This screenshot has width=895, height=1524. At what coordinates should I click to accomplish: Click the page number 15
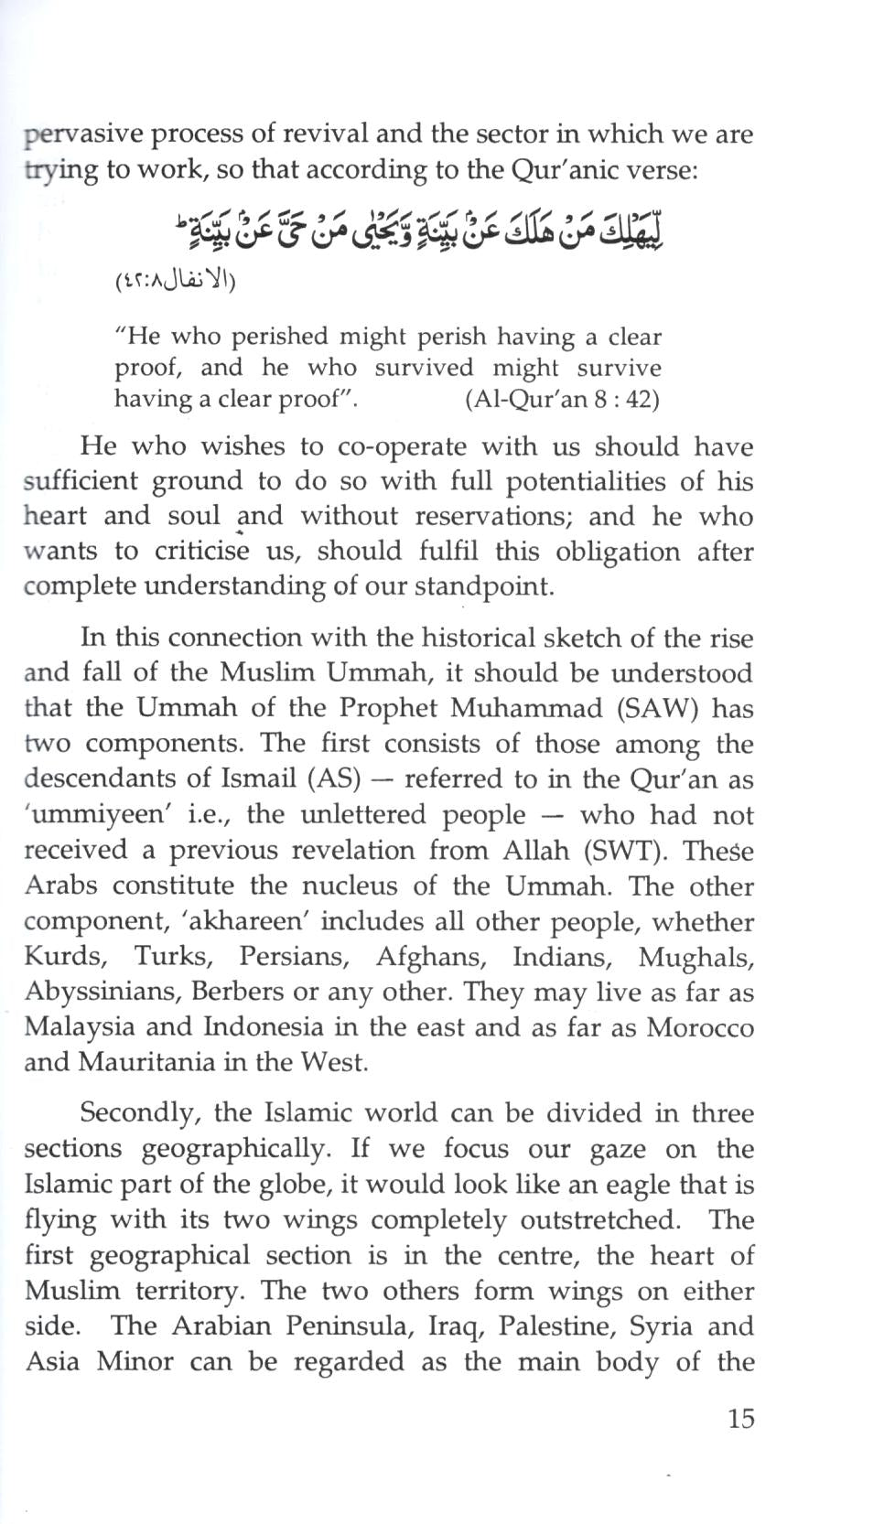(x=740, y=1418)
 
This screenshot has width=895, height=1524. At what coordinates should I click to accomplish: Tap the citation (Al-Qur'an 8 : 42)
(x=562, y=400)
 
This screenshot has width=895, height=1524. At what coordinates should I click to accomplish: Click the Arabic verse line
(x=419, y=230)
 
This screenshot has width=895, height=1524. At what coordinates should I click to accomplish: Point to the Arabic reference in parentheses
(x=175, y=279)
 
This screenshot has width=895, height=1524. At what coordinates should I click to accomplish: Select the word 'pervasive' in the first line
(x=83, y=134)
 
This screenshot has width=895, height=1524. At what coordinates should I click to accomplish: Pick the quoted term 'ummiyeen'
(x=91, y=814)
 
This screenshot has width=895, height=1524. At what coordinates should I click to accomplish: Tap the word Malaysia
(x=78, y=1027)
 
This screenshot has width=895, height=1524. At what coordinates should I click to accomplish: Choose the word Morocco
(x=700, y=1027)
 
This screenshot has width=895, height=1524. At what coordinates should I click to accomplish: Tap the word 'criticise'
(x=201, y=552)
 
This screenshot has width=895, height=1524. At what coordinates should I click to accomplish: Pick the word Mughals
(x=696, y=957)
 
